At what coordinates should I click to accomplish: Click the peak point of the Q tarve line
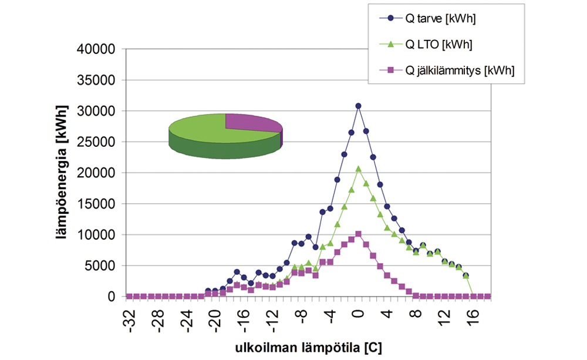pyautogui.click(x=358, y=106)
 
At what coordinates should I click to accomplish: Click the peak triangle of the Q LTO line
pyautogui.click(x=358, y=169)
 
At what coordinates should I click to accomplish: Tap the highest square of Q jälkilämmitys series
pyautogui.click(x=358, y=234)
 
